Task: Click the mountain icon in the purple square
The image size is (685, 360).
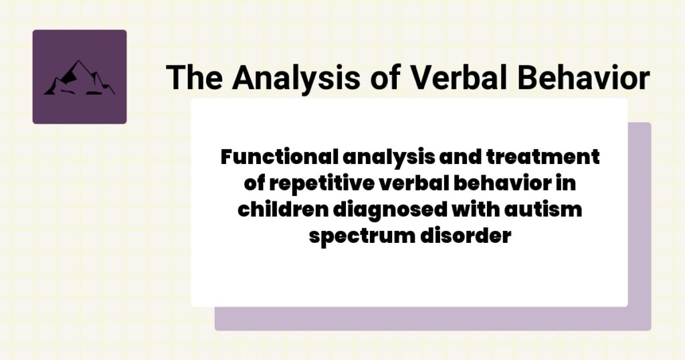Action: (79, 78)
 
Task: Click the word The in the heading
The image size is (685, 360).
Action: (193, 78)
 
